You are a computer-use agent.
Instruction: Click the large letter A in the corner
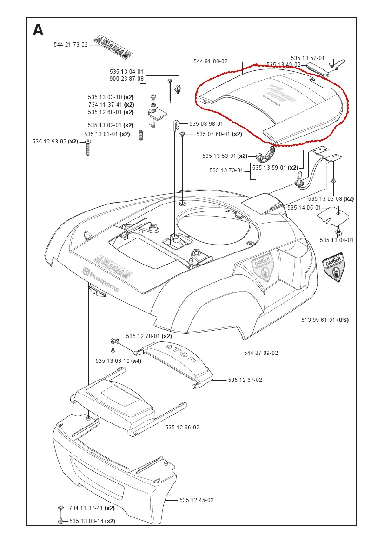(x=38, y=31)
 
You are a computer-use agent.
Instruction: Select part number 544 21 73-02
(x=71, y=45)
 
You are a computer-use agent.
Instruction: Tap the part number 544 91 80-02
(x=210, y=61)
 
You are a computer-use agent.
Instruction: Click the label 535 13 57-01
(x=308, y=58)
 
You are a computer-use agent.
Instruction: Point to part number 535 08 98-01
(x=206, y=124)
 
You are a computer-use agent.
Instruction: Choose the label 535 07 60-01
(x=213, y=134)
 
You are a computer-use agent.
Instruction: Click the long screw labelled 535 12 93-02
(x=88, y=150)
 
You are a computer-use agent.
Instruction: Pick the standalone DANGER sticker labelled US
(x=334, y=269)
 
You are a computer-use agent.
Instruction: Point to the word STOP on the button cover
(x=179, y=354)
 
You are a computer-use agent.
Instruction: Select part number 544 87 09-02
(x=261, y=353)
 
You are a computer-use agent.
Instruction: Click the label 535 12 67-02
(x=245, y=380)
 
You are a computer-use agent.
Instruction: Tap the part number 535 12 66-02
(x=182, y=427)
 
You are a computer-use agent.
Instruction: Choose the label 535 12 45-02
(x=197, y=500)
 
